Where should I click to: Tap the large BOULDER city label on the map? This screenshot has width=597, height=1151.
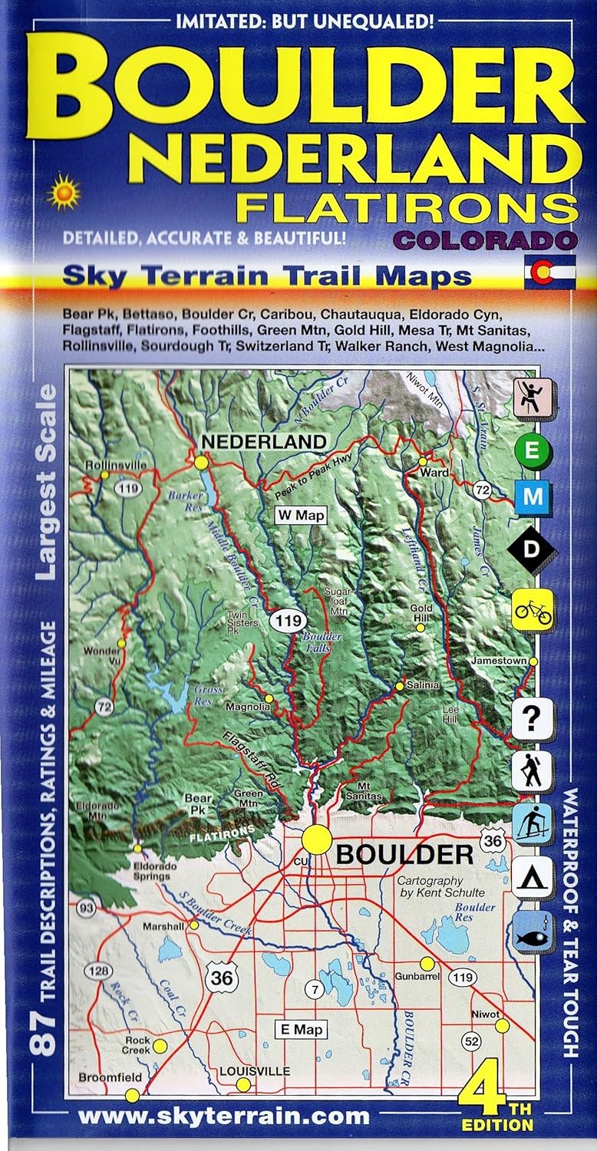point(404,854)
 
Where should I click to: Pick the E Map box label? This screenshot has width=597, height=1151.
point(302,1030)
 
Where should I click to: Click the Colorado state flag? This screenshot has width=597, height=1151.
point(549,274)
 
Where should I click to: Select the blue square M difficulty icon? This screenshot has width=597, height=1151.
point(532,498)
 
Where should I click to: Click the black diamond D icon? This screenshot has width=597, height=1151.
point(532,549)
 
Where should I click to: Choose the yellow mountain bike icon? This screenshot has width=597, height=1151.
point(532,611)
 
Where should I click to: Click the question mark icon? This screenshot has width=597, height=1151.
point(532,720)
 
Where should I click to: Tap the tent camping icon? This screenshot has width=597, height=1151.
point(532,874)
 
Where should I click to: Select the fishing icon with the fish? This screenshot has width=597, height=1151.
point(532,929)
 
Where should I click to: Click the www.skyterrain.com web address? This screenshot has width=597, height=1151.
point(224,1116)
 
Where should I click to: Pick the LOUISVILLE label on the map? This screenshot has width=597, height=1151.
point(244,1070)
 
